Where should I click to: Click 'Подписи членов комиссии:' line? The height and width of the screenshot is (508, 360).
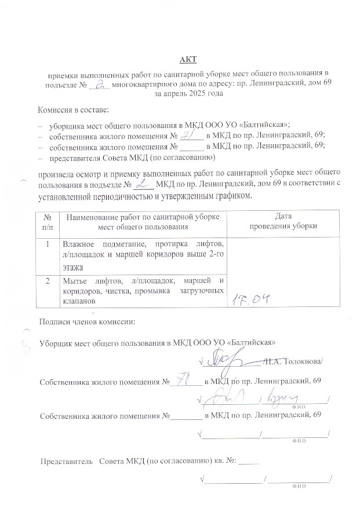[86, 322]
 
